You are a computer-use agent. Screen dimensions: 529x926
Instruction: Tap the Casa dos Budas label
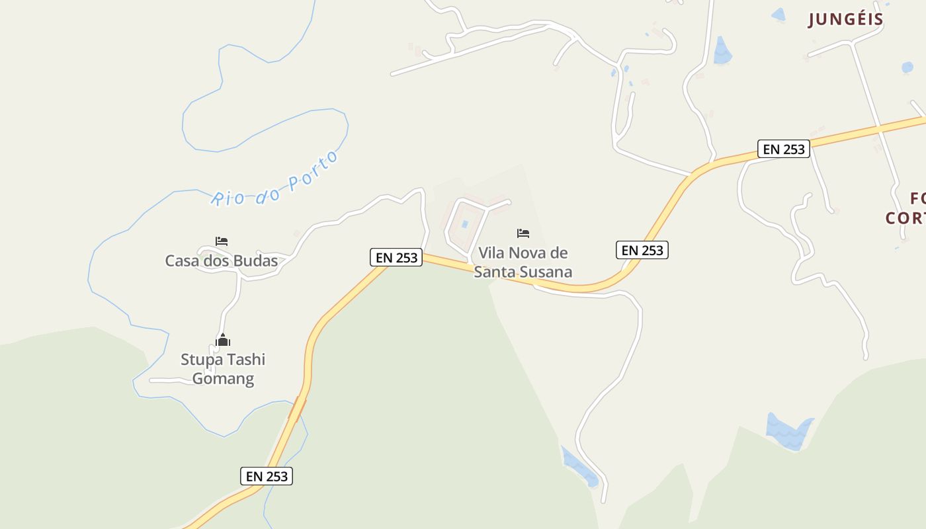(222, 261)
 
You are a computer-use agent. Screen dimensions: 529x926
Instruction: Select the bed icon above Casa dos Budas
(222, 241)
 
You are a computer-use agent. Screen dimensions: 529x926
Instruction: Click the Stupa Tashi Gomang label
(223, 369)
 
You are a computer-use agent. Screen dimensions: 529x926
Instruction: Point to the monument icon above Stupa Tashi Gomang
(223, 341)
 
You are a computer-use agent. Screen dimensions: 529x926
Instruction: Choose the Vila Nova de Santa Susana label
(523, 262)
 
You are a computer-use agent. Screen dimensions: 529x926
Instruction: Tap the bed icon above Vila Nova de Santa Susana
(523, 233)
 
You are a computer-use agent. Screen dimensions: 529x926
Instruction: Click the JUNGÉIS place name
(846, 19)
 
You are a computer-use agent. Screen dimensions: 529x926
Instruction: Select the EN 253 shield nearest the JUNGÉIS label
(784, 149)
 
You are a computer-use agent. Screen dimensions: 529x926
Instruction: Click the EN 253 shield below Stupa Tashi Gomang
(267, 476)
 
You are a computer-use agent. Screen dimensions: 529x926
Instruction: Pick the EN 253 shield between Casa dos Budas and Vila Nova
(396, 258)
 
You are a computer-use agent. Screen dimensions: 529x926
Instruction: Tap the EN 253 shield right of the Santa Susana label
(642, 250)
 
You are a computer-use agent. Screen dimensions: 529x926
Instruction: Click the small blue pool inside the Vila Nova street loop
(464, 224)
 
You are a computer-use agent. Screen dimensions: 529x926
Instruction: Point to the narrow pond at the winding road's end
(580, 467)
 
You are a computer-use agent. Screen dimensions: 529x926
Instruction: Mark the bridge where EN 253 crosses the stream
(297, 409)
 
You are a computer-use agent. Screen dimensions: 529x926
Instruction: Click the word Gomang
(223, 379)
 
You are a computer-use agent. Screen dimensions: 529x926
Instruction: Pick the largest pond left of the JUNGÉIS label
(722, 52)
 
